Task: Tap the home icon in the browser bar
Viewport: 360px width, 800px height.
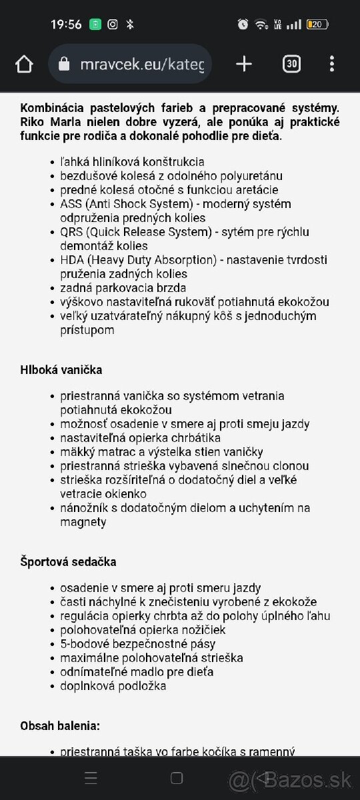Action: pyautogui.click(x=24, y=64)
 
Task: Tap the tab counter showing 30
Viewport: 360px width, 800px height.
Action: pyautogui.click(x=291, y=64)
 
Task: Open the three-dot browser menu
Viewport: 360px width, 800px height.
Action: pyautogui.click(x=332, y=64)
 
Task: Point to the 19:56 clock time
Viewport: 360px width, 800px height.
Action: pyautogui.click(x=66, y=25)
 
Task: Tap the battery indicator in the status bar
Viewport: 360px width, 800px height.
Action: pyautogui.click(x=317, y=25)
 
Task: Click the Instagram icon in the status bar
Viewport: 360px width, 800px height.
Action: pyautogui.click(x=113, y=25)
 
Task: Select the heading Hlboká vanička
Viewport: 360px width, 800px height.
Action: pyautogui.click(x=61, y=369)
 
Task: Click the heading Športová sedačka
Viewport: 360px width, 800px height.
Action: pyautogui.click(x=68, y=561)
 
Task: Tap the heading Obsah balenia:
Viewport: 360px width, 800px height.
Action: pyautogui.click(x=60, y=725)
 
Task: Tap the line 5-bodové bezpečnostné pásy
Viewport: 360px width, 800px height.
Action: pyautogui.click(x=137, y=644)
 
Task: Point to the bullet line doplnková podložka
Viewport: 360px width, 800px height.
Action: pyautogui.click(x=113, y=686)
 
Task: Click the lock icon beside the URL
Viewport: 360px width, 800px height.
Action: pyautogui.click(x=65, y=64)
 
